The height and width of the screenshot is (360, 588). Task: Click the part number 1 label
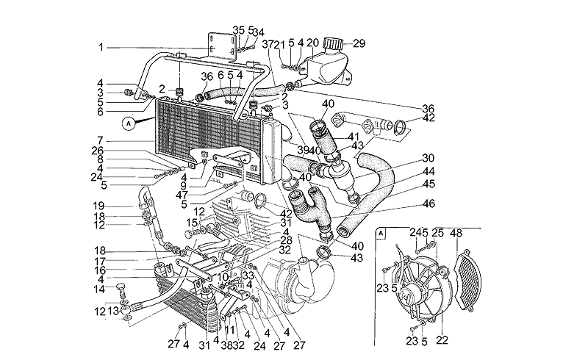101,48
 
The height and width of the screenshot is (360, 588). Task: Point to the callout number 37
267,43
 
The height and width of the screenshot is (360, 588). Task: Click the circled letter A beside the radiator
129,123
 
